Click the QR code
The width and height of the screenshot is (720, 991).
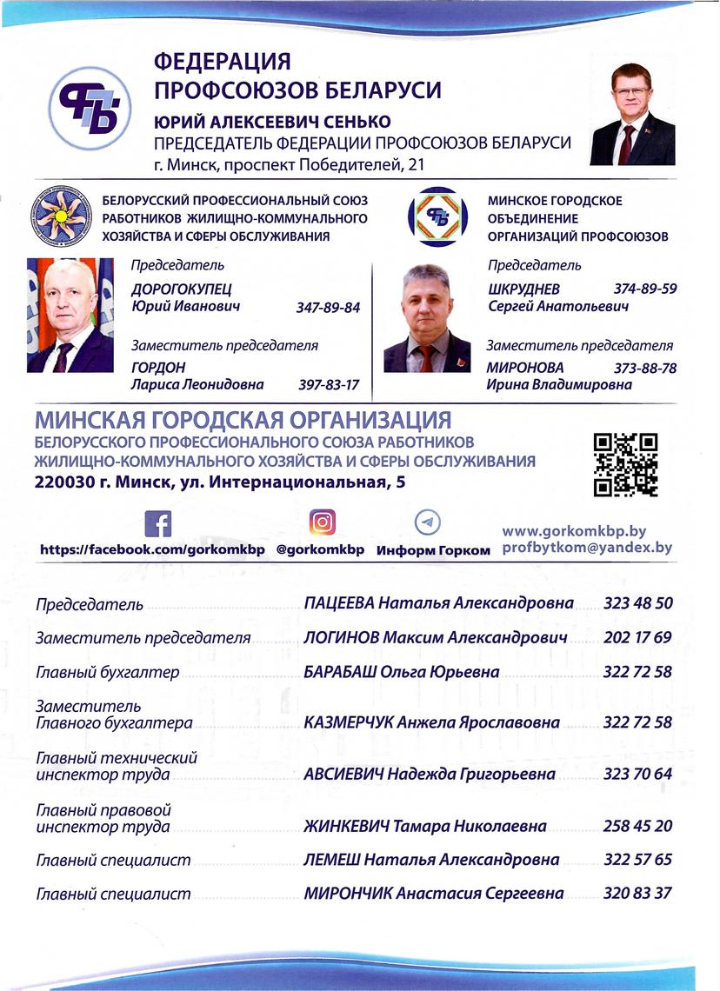pos(624,464)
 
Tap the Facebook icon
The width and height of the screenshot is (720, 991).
pos(157,524)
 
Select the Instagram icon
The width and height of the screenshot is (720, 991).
pos(322,522)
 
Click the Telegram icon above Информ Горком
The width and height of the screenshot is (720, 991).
pos(427,522)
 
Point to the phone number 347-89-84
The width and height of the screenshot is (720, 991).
pos(328,308)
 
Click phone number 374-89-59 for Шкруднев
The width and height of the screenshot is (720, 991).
pos(645,289)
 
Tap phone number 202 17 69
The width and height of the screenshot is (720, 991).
pos(637,637)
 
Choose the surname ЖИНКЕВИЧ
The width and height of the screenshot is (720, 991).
pos(342,826)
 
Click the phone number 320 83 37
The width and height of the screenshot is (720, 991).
pos(637,893)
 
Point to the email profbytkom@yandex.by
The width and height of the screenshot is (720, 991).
pos(588,548)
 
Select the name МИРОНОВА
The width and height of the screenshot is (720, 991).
pos(524,368)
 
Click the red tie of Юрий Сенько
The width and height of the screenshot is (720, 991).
pos(627,141)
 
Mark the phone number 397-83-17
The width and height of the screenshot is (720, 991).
pos(328,384)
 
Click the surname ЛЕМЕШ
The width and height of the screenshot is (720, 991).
pos(330,860)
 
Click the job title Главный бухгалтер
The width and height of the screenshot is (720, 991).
pos(107,672)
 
